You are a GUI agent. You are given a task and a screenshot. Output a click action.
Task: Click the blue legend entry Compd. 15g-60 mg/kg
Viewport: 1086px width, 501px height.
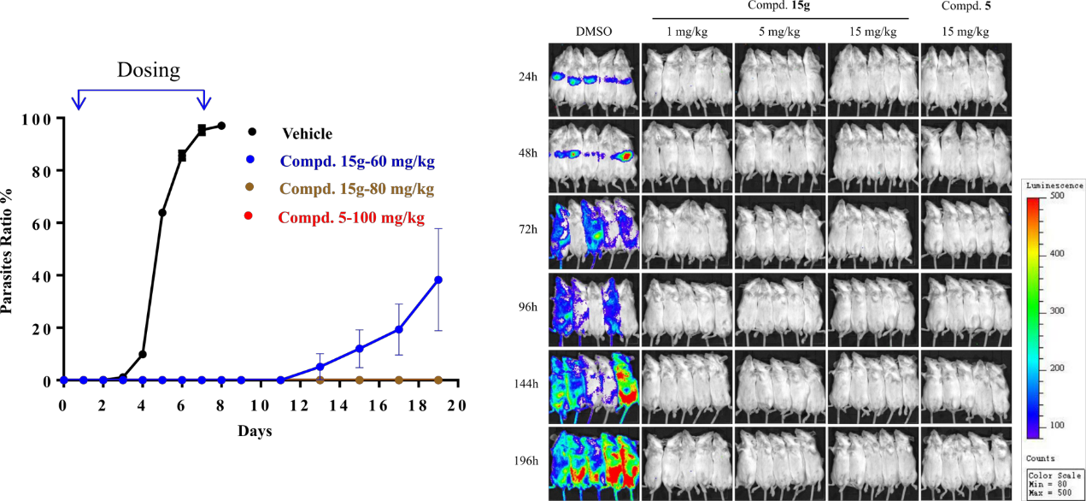pos(357,161)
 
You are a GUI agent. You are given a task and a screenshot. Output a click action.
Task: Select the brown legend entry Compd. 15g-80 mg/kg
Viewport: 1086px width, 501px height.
pos(356,189)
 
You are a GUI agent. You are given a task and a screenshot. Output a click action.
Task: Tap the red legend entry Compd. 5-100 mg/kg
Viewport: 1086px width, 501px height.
pos(350,217)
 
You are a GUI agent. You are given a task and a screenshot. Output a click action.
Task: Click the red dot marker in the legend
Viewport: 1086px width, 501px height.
pos(249,215)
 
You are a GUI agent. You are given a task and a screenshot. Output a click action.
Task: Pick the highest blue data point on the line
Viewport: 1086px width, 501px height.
pos(438,280)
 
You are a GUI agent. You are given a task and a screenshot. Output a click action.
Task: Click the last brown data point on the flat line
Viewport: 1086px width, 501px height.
pos(438,380)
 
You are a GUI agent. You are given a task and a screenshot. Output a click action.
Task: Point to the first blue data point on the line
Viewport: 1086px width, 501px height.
pos(64,380)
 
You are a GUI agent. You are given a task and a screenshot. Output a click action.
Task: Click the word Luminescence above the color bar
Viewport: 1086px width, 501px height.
pos(1054,186)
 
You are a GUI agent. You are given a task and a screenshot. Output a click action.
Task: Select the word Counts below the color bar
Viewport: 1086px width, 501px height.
pos(1041,458)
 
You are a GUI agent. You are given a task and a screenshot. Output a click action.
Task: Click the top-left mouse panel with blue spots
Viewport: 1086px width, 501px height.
pos(593,80)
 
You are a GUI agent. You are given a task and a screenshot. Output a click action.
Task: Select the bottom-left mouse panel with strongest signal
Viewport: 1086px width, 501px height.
pos(593,463)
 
